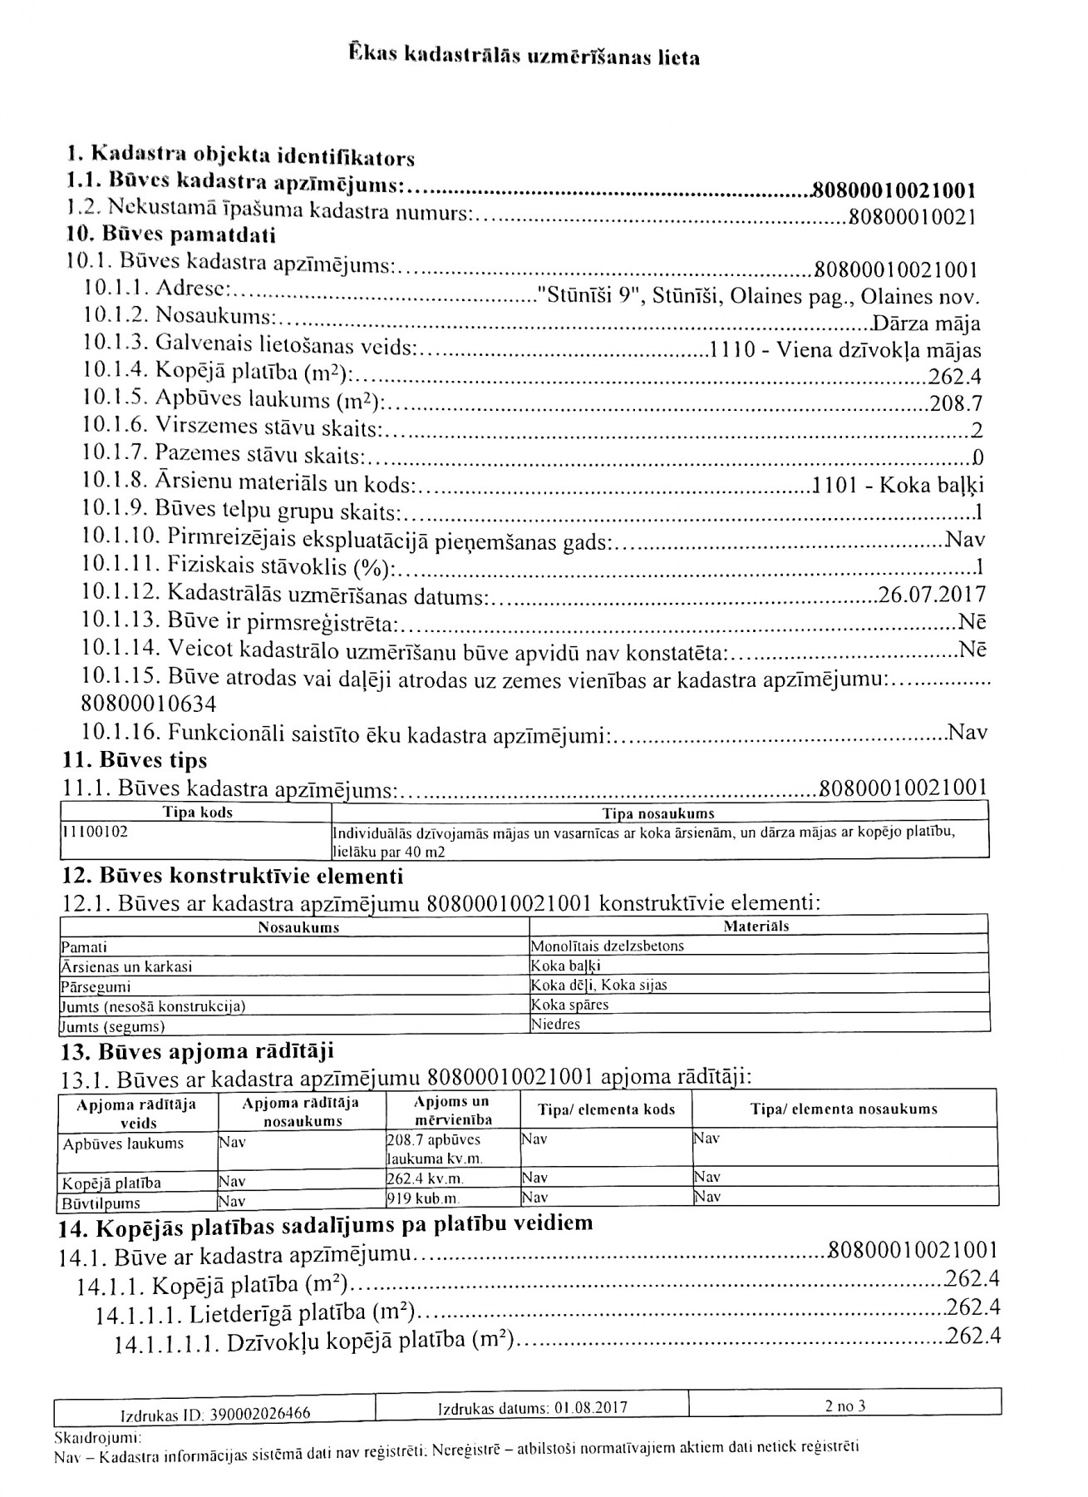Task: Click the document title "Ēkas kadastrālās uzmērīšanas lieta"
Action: [x=524, y=57]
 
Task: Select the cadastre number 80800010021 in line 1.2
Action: [x=909, y=218]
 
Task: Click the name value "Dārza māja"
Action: [x=926, y=324]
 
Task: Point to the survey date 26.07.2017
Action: [x=932, y=595]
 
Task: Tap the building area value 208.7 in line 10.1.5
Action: [x=956, y=404]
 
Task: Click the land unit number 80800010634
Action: [x=149, y=705]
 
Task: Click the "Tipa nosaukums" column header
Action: [x=658, y=813]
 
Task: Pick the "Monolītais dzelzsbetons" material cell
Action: [x=608, y=946]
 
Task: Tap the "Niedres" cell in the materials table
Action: [x=556, y=1024]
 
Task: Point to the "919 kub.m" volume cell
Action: [x=423, y=1198]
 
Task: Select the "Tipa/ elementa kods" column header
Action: [x=607, y=1109]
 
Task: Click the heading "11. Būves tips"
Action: [x=135, y=760]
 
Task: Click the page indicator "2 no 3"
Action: [x=845, y=1406]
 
